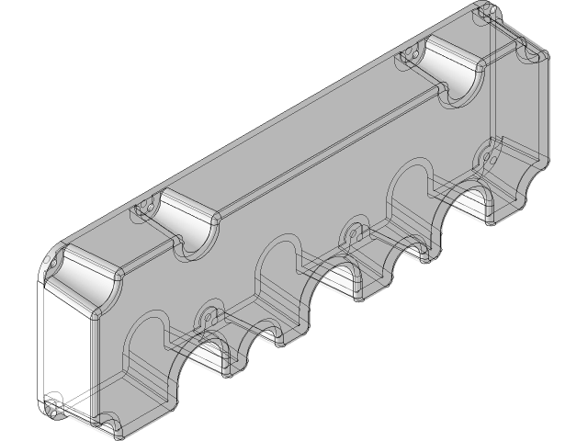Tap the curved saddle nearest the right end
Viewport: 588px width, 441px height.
[x=455, y=71]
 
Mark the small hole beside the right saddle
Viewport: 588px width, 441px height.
[x=414, y=54]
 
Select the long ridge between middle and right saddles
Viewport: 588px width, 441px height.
[x=331, y=147]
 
